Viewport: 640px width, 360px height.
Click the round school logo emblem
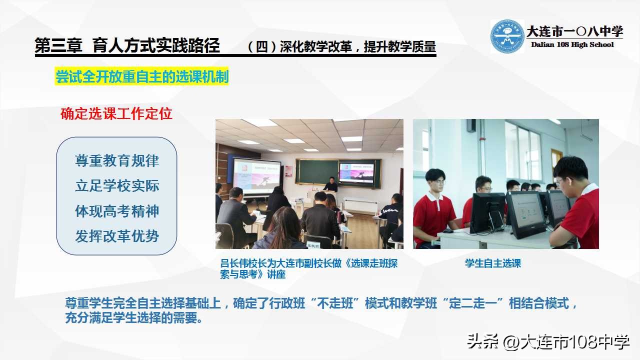pos(507,36)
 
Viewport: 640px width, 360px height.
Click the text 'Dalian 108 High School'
pos(572,44)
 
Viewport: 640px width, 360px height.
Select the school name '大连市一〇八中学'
pos(574,31)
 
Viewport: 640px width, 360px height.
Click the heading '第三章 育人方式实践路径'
pos(127,46)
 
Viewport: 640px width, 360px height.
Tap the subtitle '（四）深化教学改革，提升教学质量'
pos(341,47)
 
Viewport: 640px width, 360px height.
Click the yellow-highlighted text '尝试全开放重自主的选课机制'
pos(142,77)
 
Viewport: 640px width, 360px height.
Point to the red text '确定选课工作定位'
pos(116,113)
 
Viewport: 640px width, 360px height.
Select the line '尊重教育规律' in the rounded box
pos(117,161)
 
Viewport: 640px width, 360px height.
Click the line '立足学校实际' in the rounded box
pos(117,186)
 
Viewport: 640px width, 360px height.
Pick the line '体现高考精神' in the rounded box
pos(117,211)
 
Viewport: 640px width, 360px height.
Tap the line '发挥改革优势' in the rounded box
pos(117,236)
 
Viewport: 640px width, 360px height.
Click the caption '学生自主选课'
pos(493,263)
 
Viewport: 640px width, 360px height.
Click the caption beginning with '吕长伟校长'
pos(309,268)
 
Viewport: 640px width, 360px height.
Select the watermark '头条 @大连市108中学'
pos(548,342)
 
